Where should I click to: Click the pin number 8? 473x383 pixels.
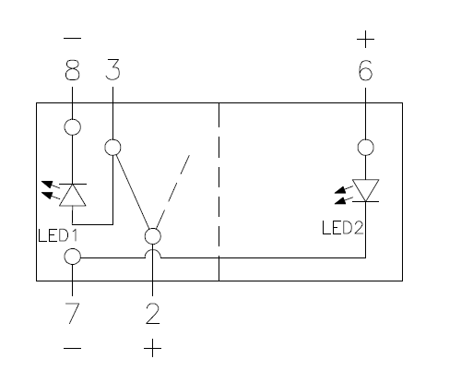point(73,70)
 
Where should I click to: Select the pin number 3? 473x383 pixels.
point(112,70)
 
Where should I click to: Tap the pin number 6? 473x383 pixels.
point(365,70)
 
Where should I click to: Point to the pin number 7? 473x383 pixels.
point(73,313)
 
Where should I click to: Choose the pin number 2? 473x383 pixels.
point(153,314)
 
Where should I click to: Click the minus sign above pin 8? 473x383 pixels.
point(73,39)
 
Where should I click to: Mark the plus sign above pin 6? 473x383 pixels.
point(365,40)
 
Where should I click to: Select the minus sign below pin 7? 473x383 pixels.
point(73,349)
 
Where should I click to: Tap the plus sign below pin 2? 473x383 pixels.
point(153,348)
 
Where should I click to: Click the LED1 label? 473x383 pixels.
point(58,235)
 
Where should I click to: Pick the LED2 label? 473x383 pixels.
point(343,228)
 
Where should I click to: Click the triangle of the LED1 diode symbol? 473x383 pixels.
point(73,195)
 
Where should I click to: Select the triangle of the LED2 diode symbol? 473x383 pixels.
point(365,190)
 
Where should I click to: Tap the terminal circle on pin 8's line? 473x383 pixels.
point(73,119)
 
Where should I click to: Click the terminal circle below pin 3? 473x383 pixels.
point(112,139)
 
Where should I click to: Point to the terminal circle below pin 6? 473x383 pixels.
point(365,139)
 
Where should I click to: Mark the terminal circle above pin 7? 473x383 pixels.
point(73,248)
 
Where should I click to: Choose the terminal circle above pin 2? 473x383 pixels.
point(153,229)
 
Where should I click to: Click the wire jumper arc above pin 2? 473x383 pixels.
point(153,250)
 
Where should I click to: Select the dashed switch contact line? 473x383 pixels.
point(173,192)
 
